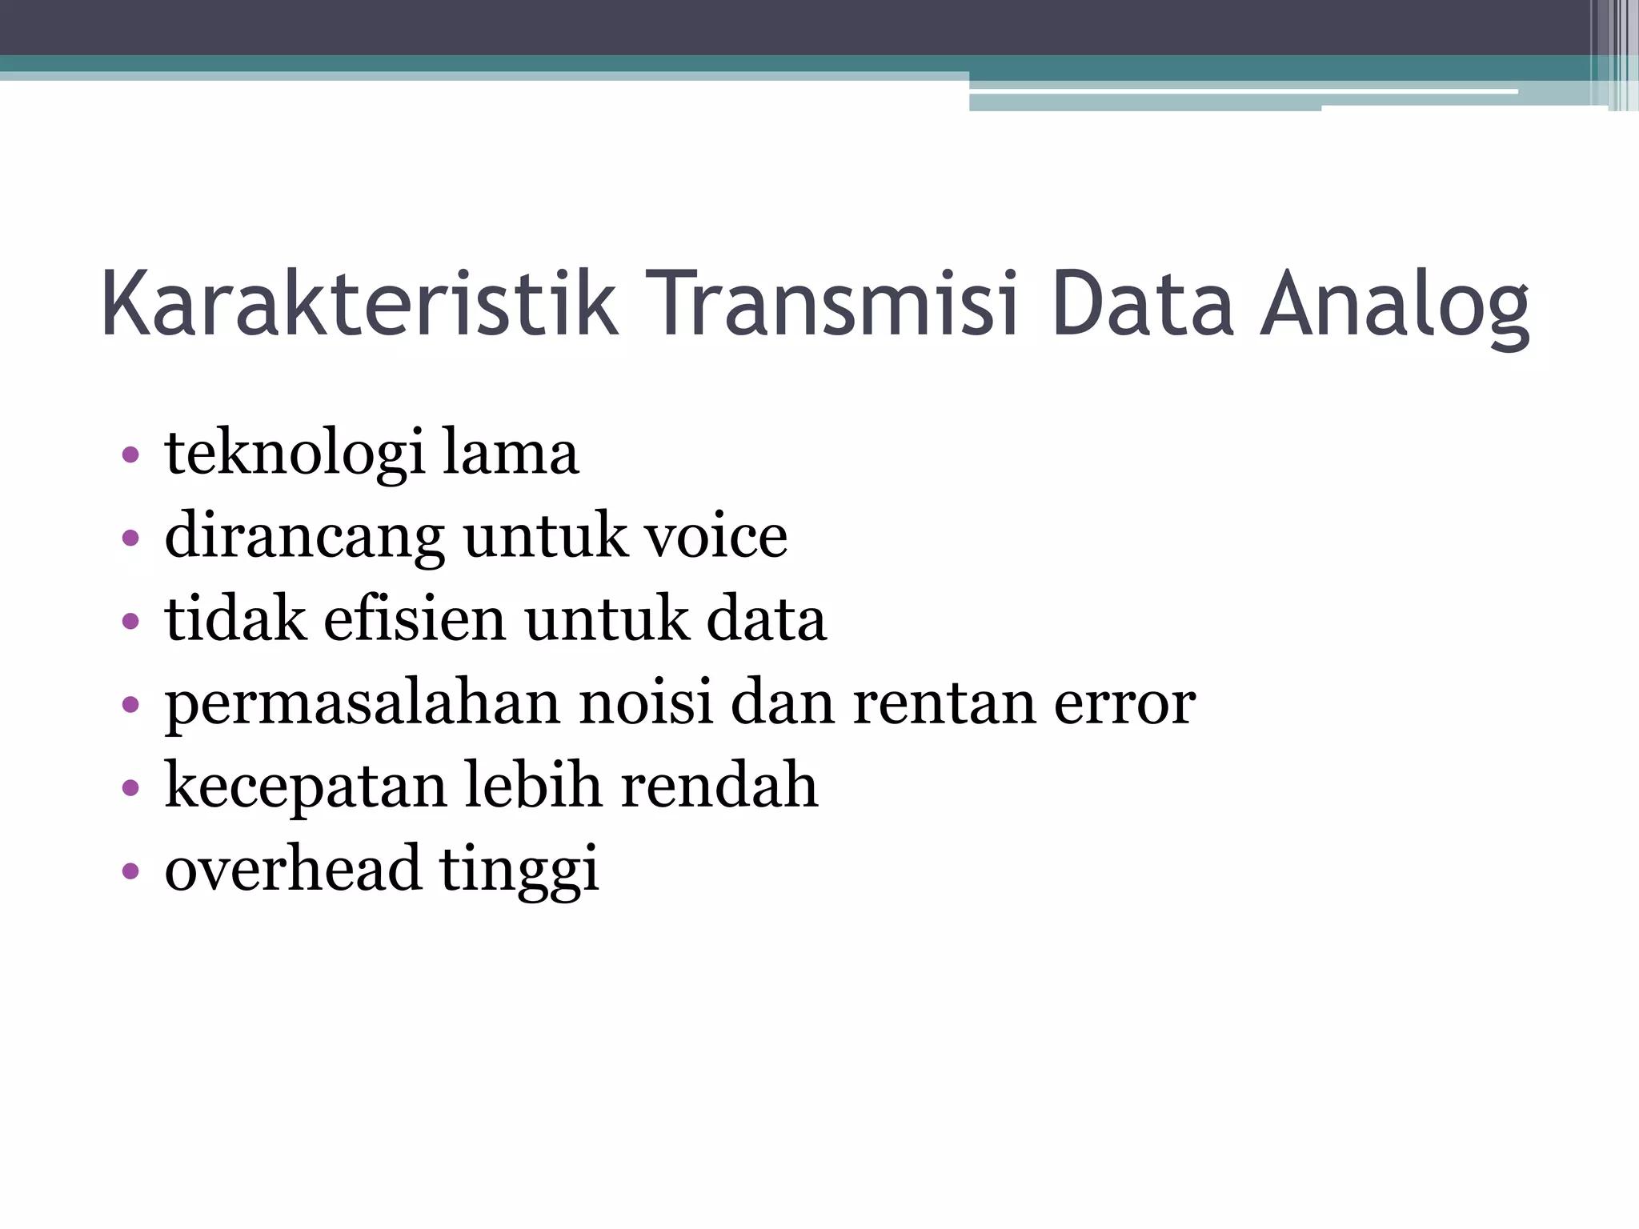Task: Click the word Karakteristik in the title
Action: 359,304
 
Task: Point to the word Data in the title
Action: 1143,304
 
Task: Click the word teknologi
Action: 295,454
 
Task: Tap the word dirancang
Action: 304,537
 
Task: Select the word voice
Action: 716,535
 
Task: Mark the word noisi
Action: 645,702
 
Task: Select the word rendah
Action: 719,785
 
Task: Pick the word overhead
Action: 293,868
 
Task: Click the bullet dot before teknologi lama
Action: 130,455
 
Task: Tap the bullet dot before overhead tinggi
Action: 130,871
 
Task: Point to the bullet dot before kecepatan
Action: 130,787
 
